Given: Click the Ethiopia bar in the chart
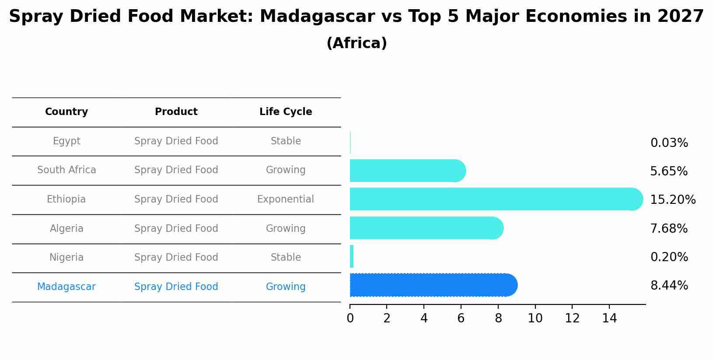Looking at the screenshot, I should click(494, 199).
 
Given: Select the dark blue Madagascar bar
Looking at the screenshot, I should click(433, 285).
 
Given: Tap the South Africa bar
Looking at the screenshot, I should click(407, 171).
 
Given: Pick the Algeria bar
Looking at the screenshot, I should click(426, 228).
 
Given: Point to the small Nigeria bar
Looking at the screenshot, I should click(352, 256).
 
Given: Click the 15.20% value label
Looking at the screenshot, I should click(672, 200).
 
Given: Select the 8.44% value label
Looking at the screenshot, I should click(669, 286).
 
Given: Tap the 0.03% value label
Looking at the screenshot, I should click(669, 143).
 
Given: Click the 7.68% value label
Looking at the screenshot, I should click(668, 228).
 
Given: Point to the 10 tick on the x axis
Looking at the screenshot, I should click(535, 318).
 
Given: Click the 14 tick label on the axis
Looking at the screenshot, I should click(609, 318).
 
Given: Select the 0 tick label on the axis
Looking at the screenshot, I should click(350, 318).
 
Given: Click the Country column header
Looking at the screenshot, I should click(66, 112).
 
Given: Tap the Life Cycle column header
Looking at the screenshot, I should click(286, 112).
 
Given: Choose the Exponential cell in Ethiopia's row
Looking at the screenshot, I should click(285, 199).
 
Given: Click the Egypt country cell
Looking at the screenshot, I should click(66, 141).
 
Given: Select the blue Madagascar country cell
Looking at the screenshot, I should click(66, 287).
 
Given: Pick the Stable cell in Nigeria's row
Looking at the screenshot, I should click(286, 258).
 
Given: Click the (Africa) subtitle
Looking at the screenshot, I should click(356, 43).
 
